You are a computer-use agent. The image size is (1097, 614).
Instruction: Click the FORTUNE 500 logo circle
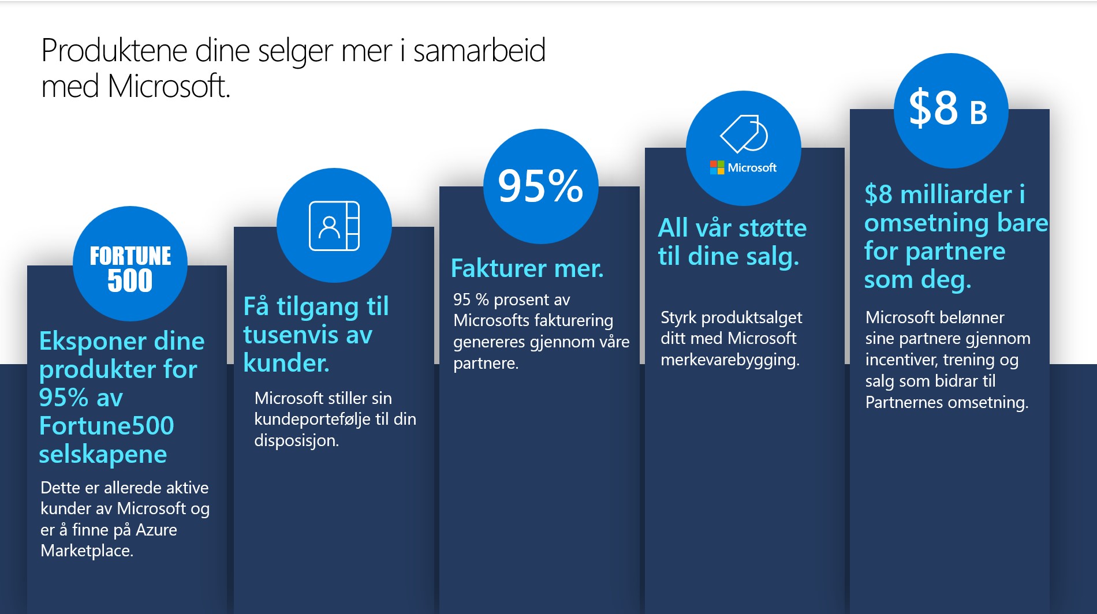(x=130, y=264)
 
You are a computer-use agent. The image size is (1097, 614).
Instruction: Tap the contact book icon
(x=334, y=226)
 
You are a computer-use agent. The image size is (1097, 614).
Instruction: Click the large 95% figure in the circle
(x=540, y=186)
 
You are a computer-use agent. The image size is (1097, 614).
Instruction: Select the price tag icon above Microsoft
(x=744, y=133)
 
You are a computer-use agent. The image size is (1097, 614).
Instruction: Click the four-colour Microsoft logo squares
(x=717, y=167)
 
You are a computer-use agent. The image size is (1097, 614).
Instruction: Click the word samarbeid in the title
(x=479, y=50)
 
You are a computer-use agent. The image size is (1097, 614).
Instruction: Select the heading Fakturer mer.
(x=527, y=268)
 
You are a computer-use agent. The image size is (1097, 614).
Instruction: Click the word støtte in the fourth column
(x=773, y=228)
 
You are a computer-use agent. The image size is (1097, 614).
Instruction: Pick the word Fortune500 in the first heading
(x=107, y=426)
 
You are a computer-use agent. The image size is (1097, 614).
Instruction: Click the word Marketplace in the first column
(x=86, y=551)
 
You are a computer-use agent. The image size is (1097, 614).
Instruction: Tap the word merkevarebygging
(x=730, y=360)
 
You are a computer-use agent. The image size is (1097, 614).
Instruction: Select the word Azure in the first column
(x=156, y=530)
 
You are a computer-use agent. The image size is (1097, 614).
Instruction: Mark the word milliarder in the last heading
(x=956, y=194)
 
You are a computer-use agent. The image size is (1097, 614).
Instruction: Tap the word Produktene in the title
(x=114, y=50)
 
